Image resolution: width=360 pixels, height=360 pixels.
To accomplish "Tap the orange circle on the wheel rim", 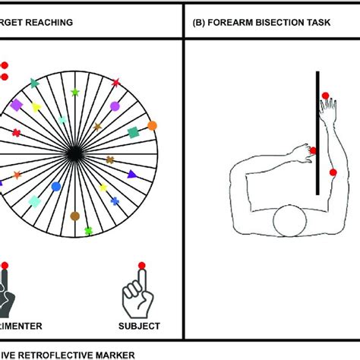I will pyautogui.click(x=152, y=125).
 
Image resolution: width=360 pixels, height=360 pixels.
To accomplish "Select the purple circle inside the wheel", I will pyautogui.click(x=115, y=106).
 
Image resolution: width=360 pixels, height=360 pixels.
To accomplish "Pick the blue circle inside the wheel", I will pyautogui.click(x=55, y=186).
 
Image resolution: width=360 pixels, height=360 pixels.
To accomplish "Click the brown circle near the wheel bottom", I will pyautogui.click(x=74, y=216).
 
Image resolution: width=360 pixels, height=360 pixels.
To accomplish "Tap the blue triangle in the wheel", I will pyautogui.click(x=132, y=174).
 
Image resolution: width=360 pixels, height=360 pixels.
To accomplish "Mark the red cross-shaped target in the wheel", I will pyautogui.click(x=16, y=132).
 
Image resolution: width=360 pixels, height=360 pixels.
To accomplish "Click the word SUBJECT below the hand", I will pyautogui.click(x=140, y=327).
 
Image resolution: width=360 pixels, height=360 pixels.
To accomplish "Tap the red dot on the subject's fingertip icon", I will pyautogui.click(x=141, y=265).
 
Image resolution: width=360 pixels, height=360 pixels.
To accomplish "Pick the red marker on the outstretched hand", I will pyautogui.click(x=325, y=96).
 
